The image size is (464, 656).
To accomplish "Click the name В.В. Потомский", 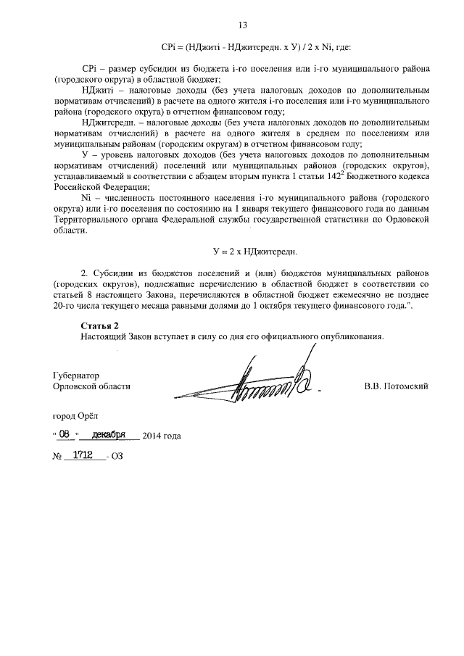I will (396, 386).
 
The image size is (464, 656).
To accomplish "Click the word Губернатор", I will (76, 376).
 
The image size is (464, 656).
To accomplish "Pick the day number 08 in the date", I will (66, 435).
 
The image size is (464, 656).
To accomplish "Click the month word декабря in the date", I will (109, 435).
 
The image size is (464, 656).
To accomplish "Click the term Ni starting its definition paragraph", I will (86, 198).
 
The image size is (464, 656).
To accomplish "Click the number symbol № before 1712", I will (58, 459).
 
